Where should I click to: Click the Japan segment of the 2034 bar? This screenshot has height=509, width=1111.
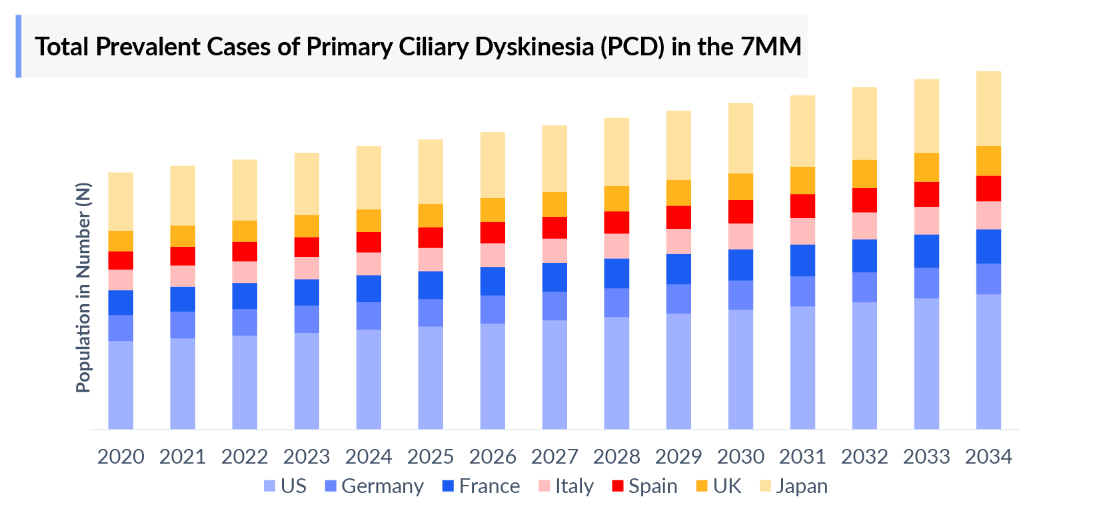pos(988,108)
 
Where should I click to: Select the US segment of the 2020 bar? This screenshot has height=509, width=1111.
pos(121,385)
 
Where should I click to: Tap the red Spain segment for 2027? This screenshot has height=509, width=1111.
pos(555,227)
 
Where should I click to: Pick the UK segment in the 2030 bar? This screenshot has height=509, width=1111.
pos(740,187)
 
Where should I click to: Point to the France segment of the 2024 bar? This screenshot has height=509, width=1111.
pos(369,288)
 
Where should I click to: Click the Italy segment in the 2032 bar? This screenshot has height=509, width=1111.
pos(864,225)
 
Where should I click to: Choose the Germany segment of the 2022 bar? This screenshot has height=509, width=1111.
pos(245,322)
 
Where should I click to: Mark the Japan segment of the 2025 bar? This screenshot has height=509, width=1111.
pos(431,171)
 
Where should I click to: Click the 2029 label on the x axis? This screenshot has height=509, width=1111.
pos(678,457)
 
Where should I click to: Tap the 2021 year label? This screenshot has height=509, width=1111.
pos(183,457)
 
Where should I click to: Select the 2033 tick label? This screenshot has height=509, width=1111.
pos(926,457)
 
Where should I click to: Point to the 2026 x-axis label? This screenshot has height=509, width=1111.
pos(493,457)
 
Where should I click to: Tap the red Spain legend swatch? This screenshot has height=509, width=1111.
pos(617,486)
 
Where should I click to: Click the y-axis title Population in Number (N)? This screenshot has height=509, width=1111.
pos(83,288)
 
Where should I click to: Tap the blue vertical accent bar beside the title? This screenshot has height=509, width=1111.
pos(19,47)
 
